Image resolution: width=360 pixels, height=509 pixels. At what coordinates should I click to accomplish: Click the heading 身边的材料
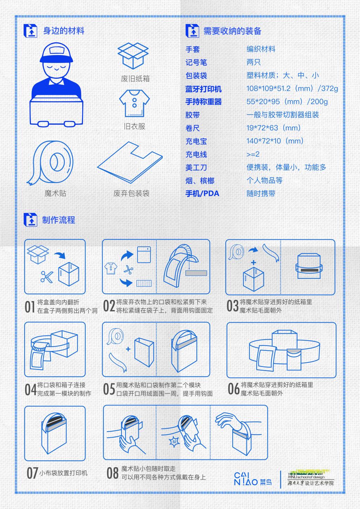click(64, 31)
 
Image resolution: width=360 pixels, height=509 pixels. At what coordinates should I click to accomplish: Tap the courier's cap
click(56, 53)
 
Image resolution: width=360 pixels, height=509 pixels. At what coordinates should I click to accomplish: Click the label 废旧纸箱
click(135, 79)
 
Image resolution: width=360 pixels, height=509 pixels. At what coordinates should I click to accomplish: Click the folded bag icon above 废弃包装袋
click(130, 162)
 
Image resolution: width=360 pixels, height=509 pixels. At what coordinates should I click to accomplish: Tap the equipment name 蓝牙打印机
click(204, 89)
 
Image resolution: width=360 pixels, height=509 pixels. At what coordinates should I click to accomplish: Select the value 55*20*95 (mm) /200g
click(287, 102)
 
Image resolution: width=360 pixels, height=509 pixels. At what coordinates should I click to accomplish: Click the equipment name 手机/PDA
click(202, 194)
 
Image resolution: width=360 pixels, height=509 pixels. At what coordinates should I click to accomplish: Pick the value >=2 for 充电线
click(253, 154)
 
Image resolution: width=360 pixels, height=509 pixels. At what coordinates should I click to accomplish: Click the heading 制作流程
click(58, 220)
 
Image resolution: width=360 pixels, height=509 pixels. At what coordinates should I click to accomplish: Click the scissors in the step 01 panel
click(47, 277)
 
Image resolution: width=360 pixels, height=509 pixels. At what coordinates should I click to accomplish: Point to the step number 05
click(109, 389)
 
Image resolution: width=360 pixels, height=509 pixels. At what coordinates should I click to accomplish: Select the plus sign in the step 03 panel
click(253, 263)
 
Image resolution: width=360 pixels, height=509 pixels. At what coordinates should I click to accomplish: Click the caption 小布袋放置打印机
click(63, 473)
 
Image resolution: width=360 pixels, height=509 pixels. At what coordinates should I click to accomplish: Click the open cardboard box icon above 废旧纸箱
click(133, 56)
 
